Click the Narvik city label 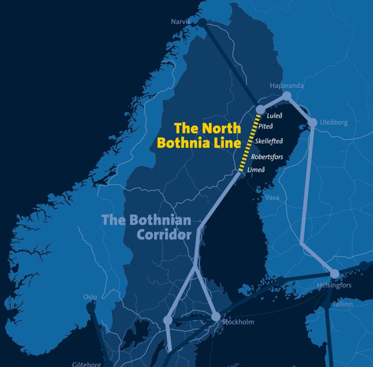point(181,22)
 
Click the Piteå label point(266,127)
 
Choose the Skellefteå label point(269,141)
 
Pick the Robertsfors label point(267,157)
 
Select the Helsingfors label point(334,286)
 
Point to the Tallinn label point(342,304)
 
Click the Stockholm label point(238,322)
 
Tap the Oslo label point(90,297)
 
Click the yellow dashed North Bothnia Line point(248,144)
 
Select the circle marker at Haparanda point(286,96)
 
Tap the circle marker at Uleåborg point(313,123)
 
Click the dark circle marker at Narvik point(203,23)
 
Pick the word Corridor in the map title point(164,235)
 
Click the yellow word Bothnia point(179,143)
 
